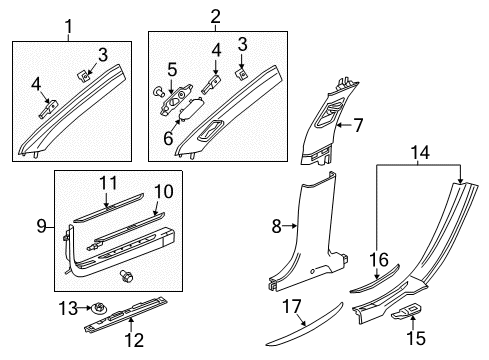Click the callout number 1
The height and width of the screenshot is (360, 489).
[x=67, y=23]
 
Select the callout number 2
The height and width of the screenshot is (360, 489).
[x=213, y=16]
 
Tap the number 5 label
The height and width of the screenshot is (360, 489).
[x=171, y=70]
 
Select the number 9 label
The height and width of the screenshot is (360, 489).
[x=42, y=227]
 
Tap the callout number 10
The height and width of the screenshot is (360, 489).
[x=163, y=191]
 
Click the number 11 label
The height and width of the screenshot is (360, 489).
[x=110, y=183]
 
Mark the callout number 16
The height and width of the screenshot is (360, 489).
[x=379, y=259]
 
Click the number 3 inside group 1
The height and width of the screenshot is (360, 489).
[x=101, y=53]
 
